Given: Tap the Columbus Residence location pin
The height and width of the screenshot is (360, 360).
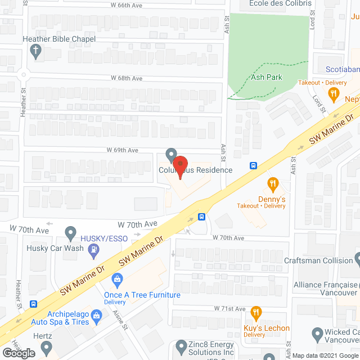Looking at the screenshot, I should click(x=172, y=154).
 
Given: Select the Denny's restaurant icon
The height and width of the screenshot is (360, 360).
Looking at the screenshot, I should click(x=273, y=183).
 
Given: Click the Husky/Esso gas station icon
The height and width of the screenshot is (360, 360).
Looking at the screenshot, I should click(x=96, y=248).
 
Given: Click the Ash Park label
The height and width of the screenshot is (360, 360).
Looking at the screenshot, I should click(x=266, y=77).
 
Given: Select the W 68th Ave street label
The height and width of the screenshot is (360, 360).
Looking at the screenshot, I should click(x=127, y=78).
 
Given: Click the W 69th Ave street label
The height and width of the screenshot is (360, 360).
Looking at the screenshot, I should click(x=123, y=150).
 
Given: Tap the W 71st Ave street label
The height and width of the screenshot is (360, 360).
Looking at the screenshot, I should click(x=229, y=309).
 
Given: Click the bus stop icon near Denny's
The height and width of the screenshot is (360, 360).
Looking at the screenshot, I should click(x=254, y=166).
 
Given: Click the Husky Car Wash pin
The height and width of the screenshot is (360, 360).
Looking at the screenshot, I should click(x=70, y=232).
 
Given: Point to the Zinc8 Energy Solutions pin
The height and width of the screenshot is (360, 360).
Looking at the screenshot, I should click(x=181, y=345).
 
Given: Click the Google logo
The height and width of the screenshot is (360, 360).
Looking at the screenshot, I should click(x=19, y=353).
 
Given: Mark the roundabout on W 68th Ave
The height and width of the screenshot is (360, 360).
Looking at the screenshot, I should click(x=24, y=74).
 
